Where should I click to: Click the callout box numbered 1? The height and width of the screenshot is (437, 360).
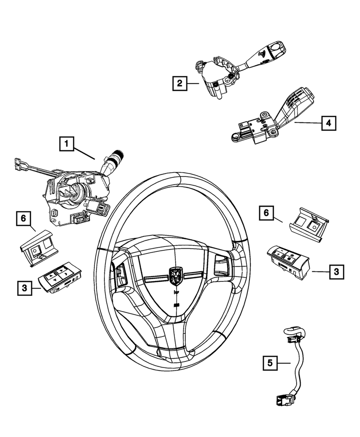(x=66, y=142)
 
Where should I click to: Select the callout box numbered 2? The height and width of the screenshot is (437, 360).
(x=179, y=83)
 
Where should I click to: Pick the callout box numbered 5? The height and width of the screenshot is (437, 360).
(x=270, y=362)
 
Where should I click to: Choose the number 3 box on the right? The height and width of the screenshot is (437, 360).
(x=336, y=271)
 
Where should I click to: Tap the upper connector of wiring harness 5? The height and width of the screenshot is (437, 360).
(x=291, y=333)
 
